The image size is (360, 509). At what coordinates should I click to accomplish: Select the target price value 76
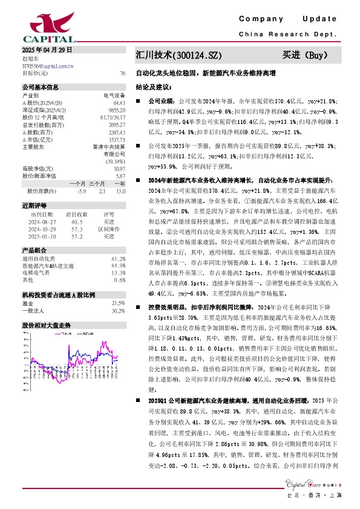coord(123,73)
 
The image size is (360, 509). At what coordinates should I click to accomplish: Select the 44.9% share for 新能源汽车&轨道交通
coord(119,265)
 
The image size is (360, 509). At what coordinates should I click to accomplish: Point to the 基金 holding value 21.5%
coord(119,303)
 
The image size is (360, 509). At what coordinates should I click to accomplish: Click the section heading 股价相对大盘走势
coord(46,325)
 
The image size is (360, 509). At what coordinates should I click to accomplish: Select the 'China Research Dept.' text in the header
coord(296,34)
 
